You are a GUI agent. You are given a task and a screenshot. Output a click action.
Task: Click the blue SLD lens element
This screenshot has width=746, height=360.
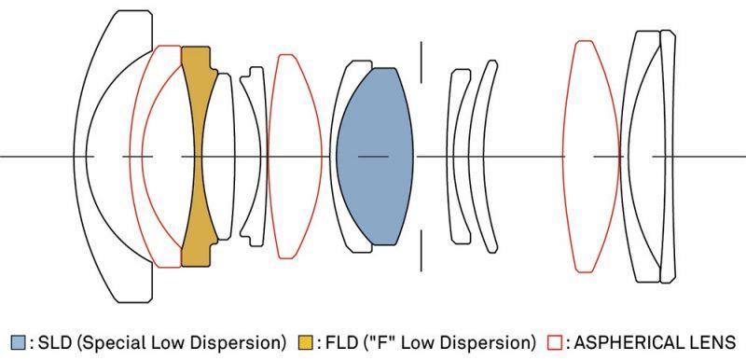[375, 157]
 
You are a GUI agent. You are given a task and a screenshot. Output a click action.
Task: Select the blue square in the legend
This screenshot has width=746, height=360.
[18, 342]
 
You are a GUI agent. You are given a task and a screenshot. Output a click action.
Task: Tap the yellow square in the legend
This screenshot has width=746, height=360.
[306, 342]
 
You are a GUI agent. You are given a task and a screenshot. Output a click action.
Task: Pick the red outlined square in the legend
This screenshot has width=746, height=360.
[555, 342]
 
